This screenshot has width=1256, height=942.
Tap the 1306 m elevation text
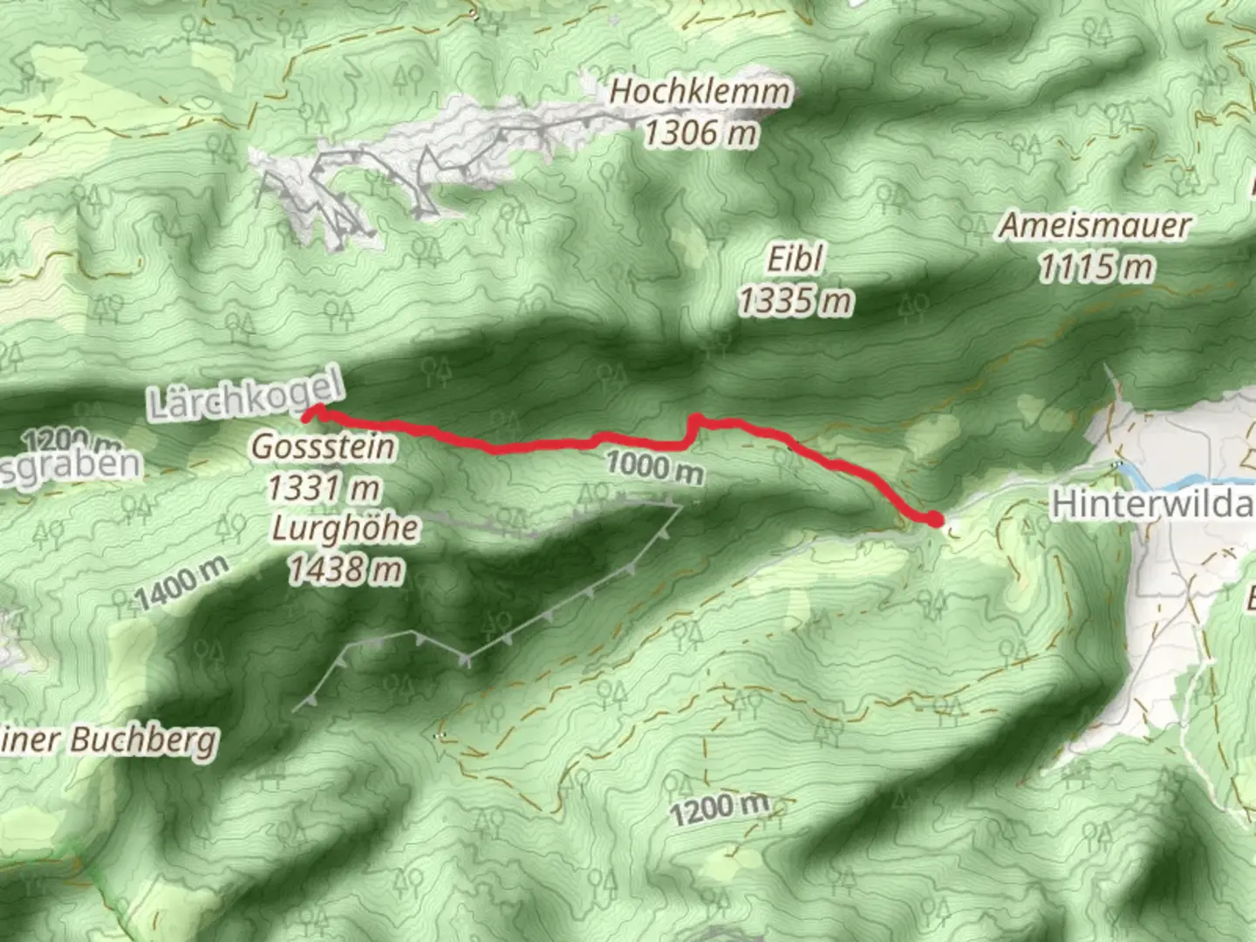(x=700, y=133)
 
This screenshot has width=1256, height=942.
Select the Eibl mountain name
(x=795, y=259)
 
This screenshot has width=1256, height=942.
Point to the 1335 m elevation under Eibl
(x=795, y=301)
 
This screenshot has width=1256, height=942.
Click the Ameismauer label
(x=1095, y=227)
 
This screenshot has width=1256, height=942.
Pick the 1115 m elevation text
(x=1095, y=268)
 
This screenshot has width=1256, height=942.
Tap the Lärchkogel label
(x=246, y=397)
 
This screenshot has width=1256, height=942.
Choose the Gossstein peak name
(x=324, y=447)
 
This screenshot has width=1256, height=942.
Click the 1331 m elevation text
(x=324, y=488)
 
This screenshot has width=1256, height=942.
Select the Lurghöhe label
(x=345, y=529)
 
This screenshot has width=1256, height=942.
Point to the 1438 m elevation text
(x=345, y=570)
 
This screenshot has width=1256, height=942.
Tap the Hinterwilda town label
(x=1151, y=504)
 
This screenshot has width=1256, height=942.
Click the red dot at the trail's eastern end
(x=934, y=521)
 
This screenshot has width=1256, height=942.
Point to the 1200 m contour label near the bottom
(x=720, y=807)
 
